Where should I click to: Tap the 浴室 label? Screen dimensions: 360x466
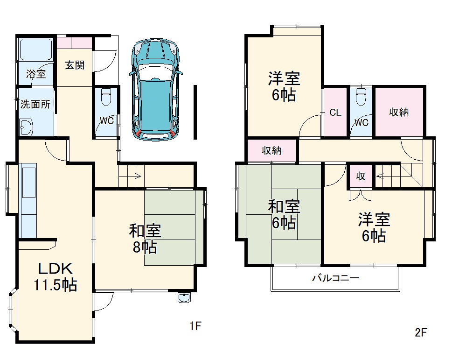[36, 73]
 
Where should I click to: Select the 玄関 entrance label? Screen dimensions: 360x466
[75, 65]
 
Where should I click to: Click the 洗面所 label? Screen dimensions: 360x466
[35, 104]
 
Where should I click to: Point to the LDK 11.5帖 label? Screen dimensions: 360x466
[55, 276]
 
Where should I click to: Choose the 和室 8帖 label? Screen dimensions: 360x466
[145, 238]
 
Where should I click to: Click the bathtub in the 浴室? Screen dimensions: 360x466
[35, 49]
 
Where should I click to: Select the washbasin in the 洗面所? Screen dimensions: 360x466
[26, 127]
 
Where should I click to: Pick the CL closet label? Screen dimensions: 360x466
[335, 113]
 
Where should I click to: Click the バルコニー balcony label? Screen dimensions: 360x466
[335, 278]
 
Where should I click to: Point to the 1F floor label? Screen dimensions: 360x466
[195, 325]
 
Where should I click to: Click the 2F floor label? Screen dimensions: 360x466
[421, 332]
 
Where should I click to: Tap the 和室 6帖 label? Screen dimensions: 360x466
[284, 215]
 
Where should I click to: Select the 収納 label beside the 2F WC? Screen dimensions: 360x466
[400, 112]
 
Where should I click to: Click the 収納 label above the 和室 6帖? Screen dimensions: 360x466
[271, 150]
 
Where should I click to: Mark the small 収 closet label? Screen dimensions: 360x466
[361, 176]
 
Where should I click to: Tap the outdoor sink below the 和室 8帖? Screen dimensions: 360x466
[184, 298]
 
